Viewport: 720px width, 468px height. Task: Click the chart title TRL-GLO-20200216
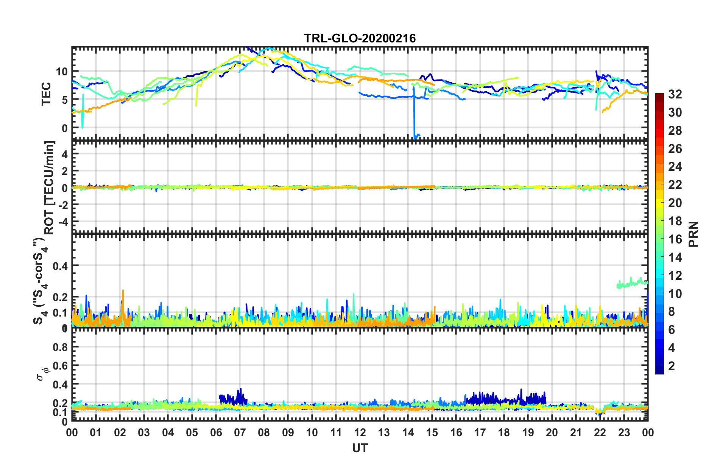360,38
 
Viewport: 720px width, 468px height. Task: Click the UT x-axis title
360,448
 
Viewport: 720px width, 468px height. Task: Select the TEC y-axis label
46,94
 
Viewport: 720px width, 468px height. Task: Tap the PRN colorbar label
694,234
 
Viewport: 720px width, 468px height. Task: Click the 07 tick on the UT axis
240,432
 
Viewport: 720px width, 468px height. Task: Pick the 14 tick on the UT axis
408,432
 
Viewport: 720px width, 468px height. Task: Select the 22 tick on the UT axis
600,432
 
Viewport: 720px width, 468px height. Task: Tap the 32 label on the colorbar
675,94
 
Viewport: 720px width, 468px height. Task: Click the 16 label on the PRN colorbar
675,239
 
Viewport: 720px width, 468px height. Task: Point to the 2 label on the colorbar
672,366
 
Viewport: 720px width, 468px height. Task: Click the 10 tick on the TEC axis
62,71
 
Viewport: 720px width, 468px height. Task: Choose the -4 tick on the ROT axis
63,221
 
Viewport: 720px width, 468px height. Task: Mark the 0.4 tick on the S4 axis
60,266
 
